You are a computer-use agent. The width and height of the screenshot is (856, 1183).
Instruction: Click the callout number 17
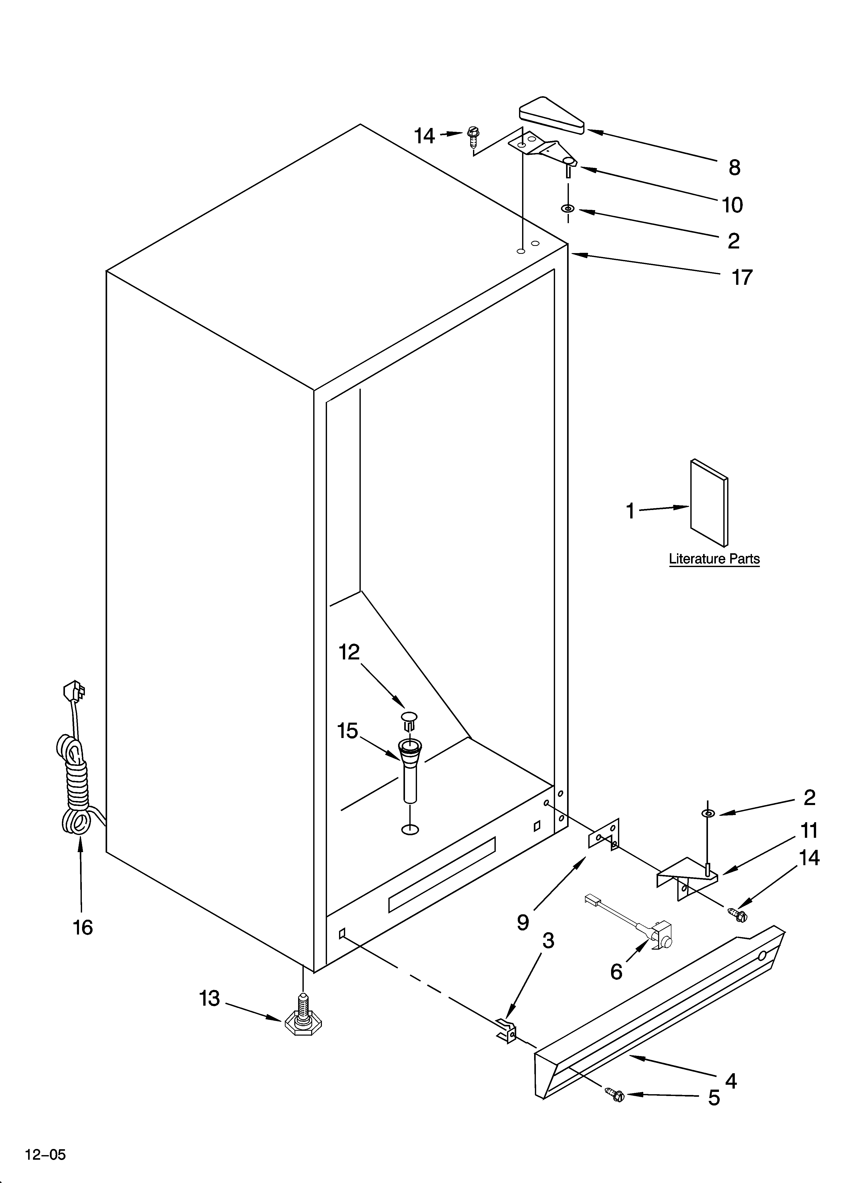pyautogui.click(x=742, y=277)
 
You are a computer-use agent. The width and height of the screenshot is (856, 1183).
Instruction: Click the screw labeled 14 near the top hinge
pyautogui.click(x=473, y=137)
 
